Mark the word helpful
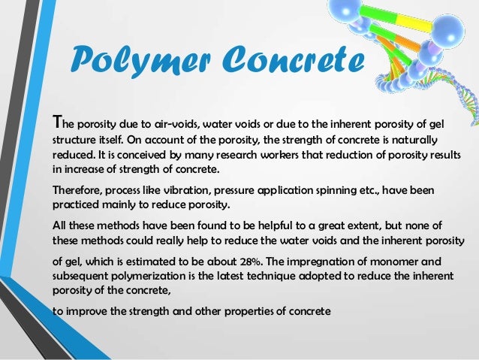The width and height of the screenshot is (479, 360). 288,225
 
